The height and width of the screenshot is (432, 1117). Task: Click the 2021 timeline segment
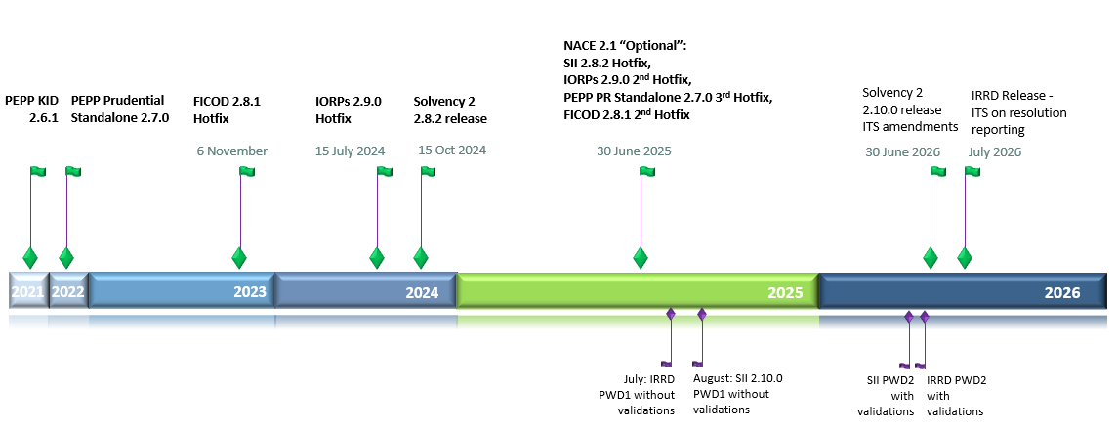[x=27, y=291]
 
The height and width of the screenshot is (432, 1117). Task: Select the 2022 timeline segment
[x=67, y=291]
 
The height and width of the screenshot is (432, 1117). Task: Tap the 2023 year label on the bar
[x=250, y=291]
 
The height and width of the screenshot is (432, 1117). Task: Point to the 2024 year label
[x=423, y=291]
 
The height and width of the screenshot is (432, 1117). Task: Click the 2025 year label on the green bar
[x=784, y=291]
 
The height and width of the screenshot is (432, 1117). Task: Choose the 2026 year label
[x=1061, y=291]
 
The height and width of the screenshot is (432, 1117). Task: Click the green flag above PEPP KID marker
[x=37, y=172]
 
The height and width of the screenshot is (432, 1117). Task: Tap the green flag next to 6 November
[x=246, y=172]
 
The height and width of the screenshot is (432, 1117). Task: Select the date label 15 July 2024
[x=350, y=151]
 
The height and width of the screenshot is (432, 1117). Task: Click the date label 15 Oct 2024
[x=452, y=151]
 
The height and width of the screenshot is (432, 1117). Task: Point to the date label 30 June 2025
[x=634, y=151]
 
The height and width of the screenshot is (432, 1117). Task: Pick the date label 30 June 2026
[x=902, y=151]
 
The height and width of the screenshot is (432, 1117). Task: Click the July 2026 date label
[x=994, y=151]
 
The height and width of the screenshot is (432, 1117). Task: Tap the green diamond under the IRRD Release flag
[x=965, y=258]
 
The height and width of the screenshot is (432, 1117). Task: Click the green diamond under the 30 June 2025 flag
[x=641, y=258]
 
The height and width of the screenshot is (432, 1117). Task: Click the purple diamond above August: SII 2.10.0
[x=702, y=314]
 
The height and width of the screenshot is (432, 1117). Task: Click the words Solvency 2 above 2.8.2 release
[x=444, y=101]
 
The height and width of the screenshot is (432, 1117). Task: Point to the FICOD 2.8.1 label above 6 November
[x=228, y=101]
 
